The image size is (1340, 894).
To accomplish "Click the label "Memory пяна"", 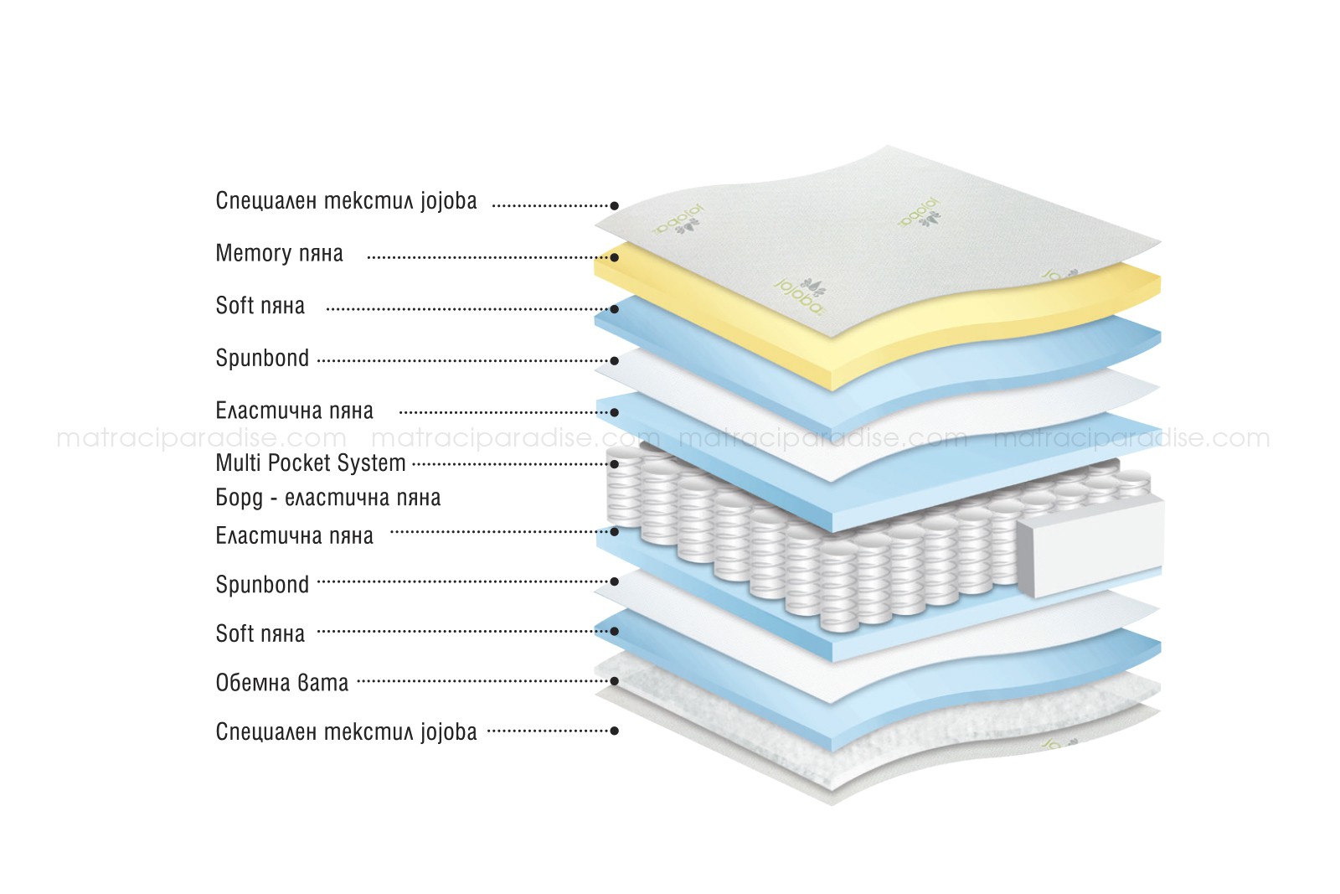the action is [280, 254].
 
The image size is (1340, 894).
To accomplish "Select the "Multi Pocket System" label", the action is [311, 463].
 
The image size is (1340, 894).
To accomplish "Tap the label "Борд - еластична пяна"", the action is [327, 498].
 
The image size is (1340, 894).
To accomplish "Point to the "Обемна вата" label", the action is [281, 683].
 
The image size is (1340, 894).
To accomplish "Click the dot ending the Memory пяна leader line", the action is [615, 258].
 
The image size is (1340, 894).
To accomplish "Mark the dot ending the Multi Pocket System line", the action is [615, 463].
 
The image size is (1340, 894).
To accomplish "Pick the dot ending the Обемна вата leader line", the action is [615, 681].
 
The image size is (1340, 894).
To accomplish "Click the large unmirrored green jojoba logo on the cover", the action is [801, 296].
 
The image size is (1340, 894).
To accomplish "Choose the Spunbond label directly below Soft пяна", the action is [262, 359].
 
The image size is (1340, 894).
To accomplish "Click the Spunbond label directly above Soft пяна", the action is [262, 585].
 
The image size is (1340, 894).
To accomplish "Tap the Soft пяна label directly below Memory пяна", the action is [260, 306].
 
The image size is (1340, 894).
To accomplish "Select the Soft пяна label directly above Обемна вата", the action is [260, 633].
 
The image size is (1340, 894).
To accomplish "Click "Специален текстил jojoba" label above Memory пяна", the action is [347, 201].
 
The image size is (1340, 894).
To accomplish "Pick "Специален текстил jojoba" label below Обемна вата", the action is [347, 732].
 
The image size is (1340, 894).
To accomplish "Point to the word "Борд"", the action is [240, 498].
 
